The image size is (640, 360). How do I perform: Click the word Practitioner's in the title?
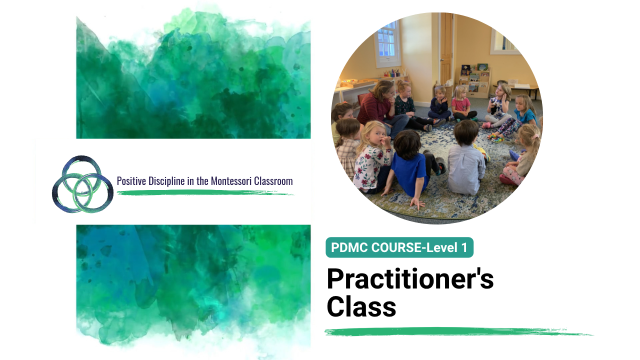410,279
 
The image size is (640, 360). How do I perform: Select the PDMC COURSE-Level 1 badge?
399,247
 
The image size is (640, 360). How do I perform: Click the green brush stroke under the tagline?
205,193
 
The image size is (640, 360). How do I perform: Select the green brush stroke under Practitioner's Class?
458,331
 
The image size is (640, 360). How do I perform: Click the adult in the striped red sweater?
377,108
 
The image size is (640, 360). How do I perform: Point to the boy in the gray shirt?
465,160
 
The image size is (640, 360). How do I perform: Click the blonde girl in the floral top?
371,157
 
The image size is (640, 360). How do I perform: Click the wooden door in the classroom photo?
446,48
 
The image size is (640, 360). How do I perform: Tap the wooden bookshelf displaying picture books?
474,80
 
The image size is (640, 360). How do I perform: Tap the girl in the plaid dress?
347,148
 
